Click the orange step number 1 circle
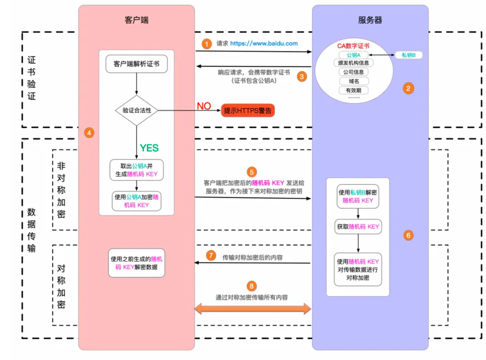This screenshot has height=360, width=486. [208, 44]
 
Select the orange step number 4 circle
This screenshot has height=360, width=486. [89, 132]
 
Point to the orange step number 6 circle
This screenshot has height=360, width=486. [408, 235]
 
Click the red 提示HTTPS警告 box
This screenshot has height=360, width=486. [248, 111]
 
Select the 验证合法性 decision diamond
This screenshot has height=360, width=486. [137, 111]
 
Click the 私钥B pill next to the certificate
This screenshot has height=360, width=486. [408, 55]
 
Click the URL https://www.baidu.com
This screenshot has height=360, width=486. [264, 44]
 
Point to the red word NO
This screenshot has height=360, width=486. [204, 106]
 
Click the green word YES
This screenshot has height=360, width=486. [149, 148]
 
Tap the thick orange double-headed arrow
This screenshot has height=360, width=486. [253, 309]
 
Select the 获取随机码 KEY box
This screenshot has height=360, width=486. [358, 227]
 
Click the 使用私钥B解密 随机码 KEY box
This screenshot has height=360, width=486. [358, 196]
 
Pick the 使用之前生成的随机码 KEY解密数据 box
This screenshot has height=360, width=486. [137, 263]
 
